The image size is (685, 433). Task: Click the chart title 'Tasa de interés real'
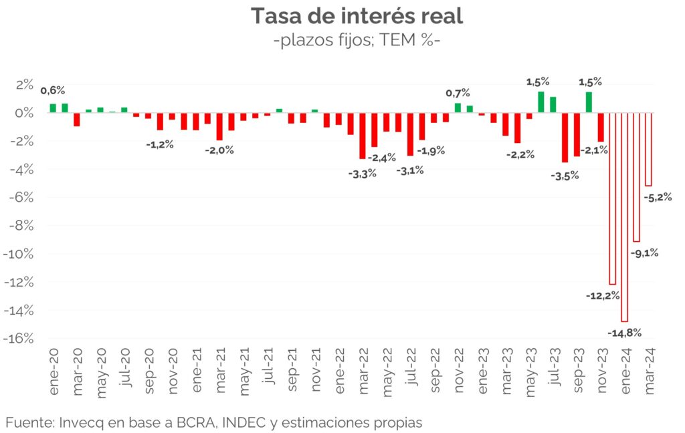pos(357,16)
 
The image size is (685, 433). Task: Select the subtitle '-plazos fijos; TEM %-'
pos(357,41)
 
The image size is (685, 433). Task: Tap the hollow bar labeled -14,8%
pos(624,217)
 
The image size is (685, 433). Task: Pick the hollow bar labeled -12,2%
pos(612,198)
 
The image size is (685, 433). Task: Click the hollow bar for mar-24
pos(648,149)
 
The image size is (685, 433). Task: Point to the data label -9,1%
pos(645,253)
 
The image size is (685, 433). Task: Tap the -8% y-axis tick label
pos(21,225)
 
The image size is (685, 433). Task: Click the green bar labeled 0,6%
pos(53,108)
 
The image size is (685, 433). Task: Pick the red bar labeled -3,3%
pos(363,136)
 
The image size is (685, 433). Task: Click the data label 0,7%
pos(458,93)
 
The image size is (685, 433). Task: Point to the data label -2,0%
pos(220,150)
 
